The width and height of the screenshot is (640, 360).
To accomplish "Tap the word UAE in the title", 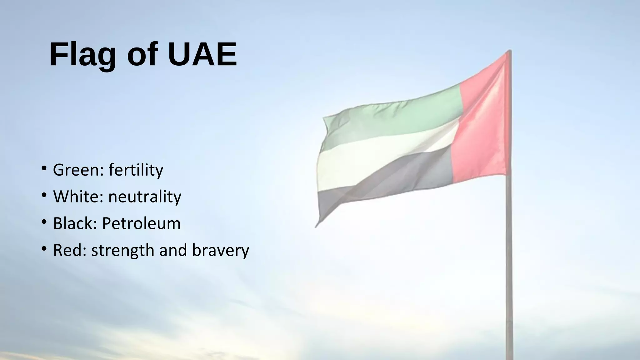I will tap(202, 54).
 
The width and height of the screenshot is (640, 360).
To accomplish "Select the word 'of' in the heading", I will tap(142, 54).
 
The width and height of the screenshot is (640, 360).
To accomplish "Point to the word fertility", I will tap(136, 170).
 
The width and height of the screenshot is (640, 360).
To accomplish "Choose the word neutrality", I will tap(145, 197).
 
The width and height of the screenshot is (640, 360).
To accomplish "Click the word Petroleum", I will tap(141, 223).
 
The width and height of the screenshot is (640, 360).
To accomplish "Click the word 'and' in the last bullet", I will tap(173, 250).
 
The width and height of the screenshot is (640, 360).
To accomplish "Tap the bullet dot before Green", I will tap(44, 169).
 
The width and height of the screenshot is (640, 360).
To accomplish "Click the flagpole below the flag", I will tap(509, 266).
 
